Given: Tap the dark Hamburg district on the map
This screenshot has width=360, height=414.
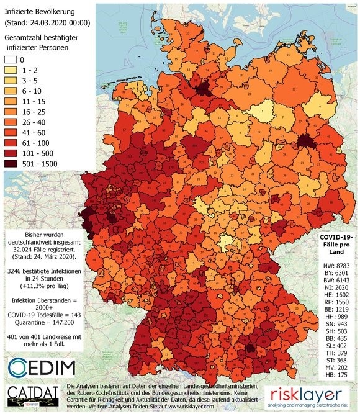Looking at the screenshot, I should [x=202, y=91].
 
